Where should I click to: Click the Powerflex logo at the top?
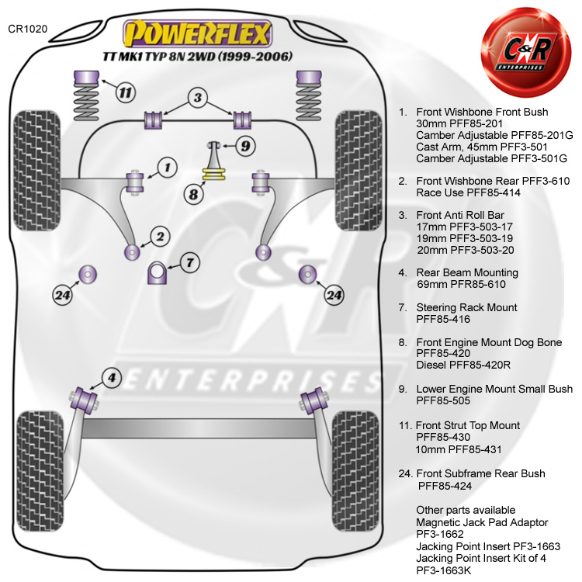click(x=199, y=33)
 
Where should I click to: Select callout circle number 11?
click(x=124, y=93)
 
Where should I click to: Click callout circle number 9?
click(x=244, y=145)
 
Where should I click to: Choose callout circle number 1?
click(x=166, y=166)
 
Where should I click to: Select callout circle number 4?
click(x=113, y=379)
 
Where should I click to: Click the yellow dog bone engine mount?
click(x=212, y=172)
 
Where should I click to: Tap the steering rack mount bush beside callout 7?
click(x=158, y=273)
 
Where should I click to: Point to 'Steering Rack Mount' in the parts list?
click(x=466, y=307)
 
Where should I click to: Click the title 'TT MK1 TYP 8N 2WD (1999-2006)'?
click(x=198, y=57)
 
